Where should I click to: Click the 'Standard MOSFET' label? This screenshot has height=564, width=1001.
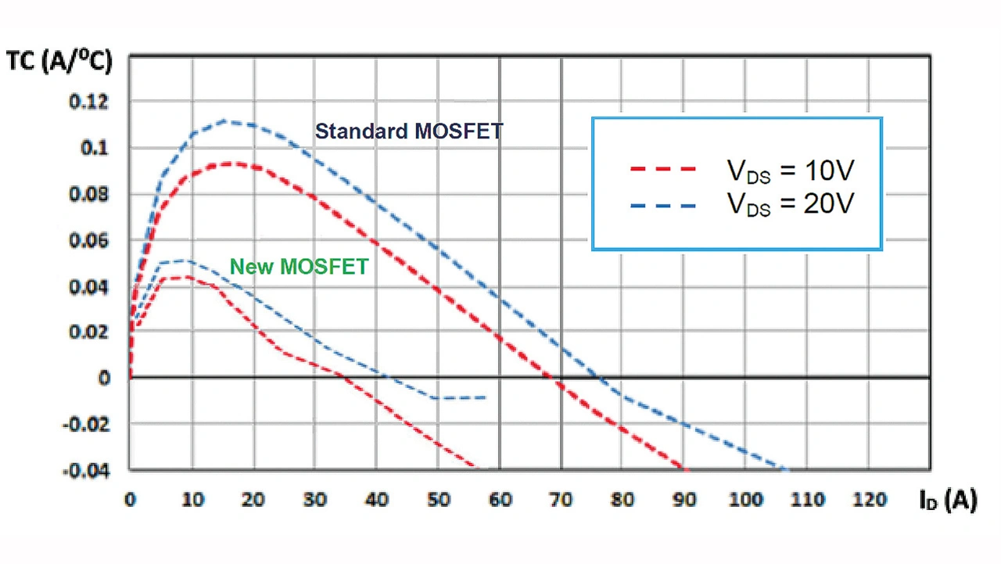pos(408,131)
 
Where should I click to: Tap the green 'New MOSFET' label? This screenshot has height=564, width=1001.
pos(299,267)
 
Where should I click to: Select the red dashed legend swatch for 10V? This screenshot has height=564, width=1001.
pos(662,169)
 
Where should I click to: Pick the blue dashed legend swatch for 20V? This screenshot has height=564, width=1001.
pos(662,205)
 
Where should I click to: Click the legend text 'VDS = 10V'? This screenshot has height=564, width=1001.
pos(791,171)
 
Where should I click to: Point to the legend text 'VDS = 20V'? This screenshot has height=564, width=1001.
pos(791,206)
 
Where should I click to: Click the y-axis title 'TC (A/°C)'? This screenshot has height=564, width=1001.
pos(59,63)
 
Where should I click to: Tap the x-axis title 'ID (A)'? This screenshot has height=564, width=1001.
pos(948,501)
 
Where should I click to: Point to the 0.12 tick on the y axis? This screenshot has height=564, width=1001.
pos(89,102)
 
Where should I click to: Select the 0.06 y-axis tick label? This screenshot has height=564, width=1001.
pos(89,240)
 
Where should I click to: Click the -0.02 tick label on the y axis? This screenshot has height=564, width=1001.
pos(86,425)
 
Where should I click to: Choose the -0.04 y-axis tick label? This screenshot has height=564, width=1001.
pos(86,471)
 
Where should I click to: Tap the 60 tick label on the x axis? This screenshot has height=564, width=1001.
pos(500,500)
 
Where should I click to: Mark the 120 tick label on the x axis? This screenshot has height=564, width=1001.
pos(869,500)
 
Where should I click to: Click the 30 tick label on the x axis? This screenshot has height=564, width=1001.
pos(314,500)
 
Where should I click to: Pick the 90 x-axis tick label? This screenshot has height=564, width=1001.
pos(684,500)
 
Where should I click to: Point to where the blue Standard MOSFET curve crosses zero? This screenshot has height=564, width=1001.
pos(601,378)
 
